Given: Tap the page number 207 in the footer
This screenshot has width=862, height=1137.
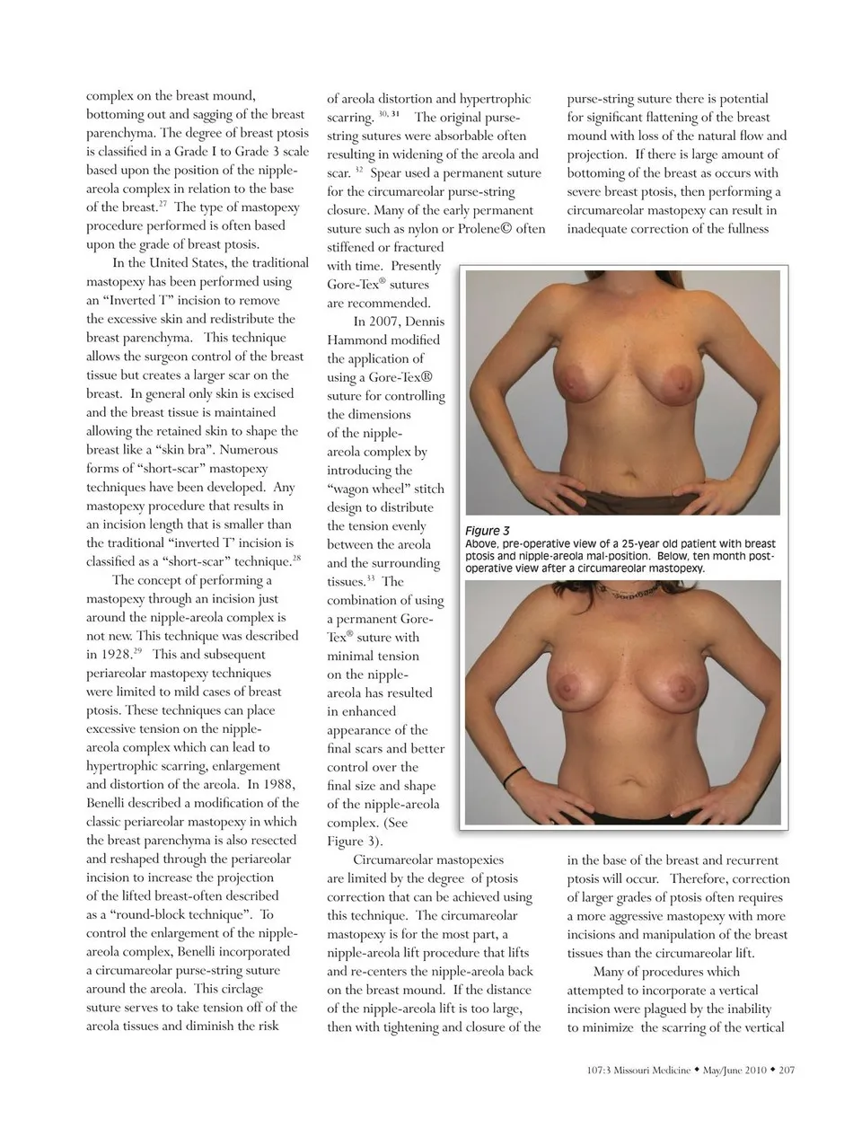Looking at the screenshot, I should click(x=787, y=1070).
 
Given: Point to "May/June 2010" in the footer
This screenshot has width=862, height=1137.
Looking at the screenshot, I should click(x=734, y=1070).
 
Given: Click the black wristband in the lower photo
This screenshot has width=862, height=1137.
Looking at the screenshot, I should click(x=515, y=773).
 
